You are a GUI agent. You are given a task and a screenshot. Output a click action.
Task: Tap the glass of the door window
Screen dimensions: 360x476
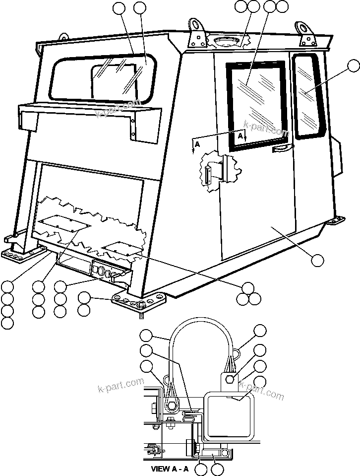256,104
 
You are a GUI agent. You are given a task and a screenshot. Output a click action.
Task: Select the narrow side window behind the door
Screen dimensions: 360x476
306,94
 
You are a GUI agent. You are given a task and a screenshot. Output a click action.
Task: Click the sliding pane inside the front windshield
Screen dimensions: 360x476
114,82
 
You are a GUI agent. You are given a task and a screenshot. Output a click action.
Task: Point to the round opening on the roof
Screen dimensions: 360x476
226,40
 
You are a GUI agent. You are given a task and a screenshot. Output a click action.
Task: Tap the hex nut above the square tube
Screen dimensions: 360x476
230,380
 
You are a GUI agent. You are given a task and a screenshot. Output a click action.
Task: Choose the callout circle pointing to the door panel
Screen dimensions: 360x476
316,260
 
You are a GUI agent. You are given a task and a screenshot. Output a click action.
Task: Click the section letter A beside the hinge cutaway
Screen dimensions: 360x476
197,143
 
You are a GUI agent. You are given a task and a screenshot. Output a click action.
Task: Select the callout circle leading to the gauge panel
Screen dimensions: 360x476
60,286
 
